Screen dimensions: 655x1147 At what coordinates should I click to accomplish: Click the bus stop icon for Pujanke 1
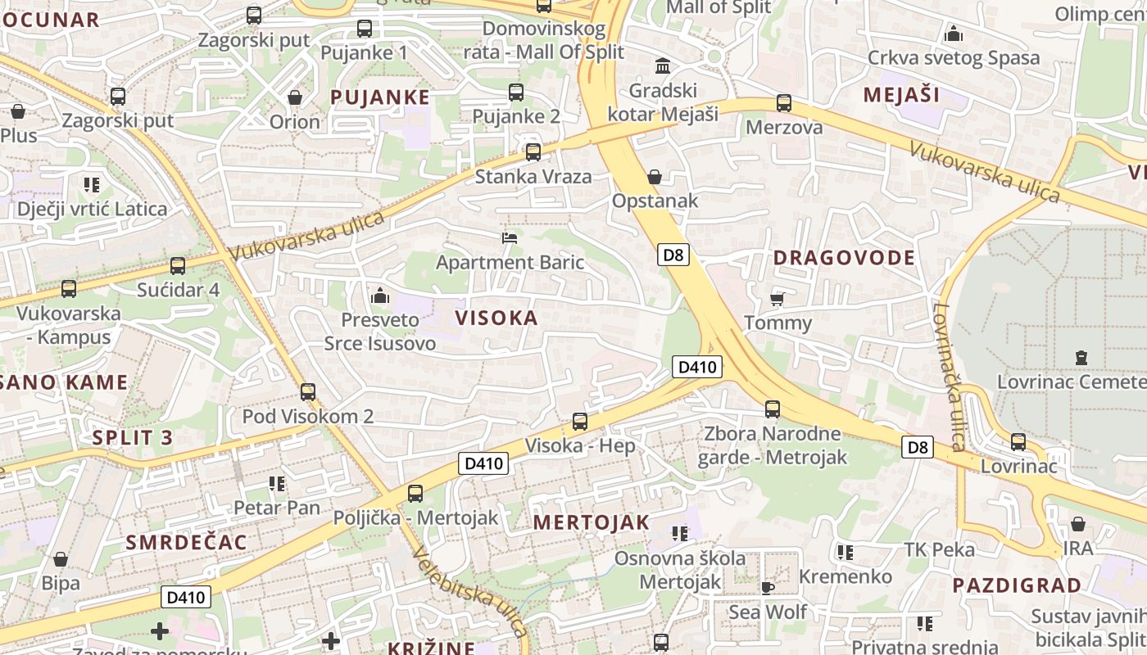pyautogui.click(x=365, y=29)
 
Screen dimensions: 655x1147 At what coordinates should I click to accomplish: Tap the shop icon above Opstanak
pyautogui.click(x=654, y=177)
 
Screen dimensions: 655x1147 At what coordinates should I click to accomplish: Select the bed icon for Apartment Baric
pyautogui.click(x=510, y=238)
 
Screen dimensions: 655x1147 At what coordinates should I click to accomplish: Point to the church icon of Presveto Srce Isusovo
pyautogui.click(x=379, y=296)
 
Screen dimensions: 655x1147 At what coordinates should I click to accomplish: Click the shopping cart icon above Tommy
pyautogui.click(x=778, y=299)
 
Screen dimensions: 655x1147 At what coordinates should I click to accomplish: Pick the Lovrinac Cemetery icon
pyautogui.click(x=1081, y=358)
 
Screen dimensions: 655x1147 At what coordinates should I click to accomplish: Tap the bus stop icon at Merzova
pyautogui.click(x=784, y=103)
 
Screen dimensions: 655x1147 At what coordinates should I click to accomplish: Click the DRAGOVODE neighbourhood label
pyautogui.click(x=844, y=258)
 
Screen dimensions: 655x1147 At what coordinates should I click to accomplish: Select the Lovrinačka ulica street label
pyautogui.click(x=950, y=377)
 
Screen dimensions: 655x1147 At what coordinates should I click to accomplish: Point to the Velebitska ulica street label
pyautogui.click(x=469, y=591)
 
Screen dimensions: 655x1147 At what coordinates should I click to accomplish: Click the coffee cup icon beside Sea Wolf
pyautogui.click(x=768, y=588)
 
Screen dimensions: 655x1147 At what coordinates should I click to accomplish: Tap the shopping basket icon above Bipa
pyautogui.click(x=61, y=559)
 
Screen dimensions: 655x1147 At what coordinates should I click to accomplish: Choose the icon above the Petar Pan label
pyautogui.click(x=277, y=484)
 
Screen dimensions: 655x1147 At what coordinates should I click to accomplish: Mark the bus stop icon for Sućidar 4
pyautogui.click(x=178, y=266)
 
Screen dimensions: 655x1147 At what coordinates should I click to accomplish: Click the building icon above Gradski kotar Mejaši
pyautogui.click(x=662, y=65)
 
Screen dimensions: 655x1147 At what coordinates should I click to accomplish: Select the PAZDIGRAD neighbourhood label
pyautogui.click(x=1017, y=585)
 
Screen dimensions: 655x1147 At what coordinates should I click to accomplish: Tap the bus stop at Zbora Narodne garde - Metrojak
pyautogui.click(x=772, y=409)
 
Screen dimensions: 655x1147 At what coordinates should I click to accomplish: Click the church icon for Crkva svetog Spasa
pyautogui.click(x=953, y=34)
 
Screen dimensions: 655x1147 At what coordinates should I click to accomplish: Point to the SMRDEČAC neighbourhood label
pyautogui.click(x=186, y=542)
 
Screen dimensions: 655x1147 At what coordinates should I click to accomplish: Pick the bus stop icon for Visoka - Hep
pyautogui.click(x=580, y=422)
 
